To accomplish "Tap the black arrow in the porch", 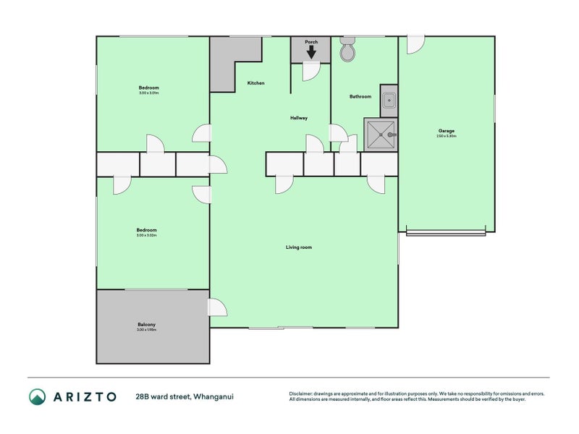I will [x=311, y=52].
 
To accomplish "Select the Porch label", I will [x=311, y=42].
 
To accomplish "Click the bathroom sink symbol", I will [x=389, y=101].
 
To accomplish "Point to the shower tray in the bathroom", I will [x=381, y=135].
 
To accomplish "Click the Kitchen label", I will [x=255, y=83].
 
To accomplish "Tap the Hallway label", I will [x=299, y=118].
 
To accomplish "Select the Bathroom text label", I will [x=360, y=96].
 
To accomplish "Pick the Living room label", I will [x=298, y=247].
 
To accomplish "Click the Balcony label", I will [x=146, y=325].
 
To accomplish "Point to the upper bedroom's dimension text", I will [x=148, y=93].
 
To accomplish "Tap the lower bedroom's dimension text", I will [x=146, y=236].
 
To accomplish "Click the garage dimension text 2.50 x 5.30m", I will [x=446, y=137].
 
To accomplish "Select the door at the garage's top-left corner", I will [x=415, y=45].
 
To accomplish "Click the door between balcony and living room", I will [x=217, y=307].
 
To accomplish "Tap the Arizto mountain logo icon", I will [x=38, y=396].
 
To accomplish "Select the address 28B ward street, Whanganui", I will [x=184, y=396].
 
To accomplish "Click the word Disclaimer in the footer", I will [x=301, y=394].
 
